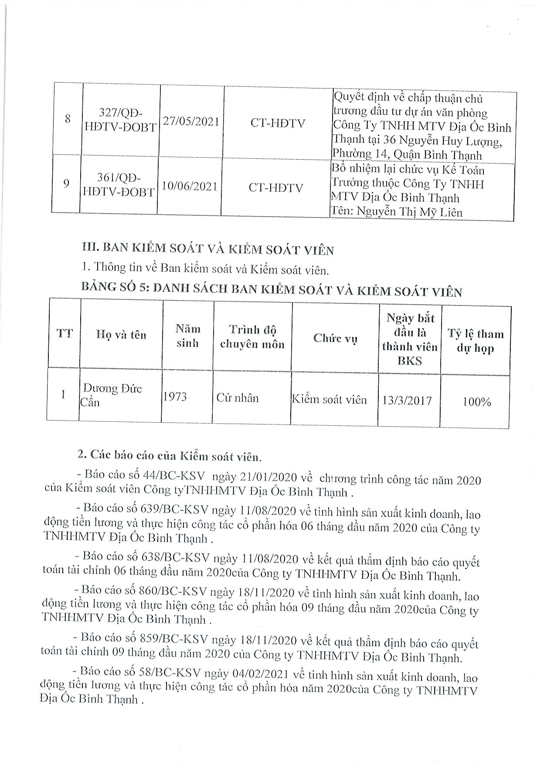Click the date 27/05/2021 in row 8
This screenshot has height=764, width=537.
point(191,122)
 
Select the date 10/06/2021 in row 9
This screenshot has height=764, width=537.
point(189,187)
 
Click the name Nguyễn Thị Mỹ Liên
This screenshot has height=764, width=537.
point(409,212)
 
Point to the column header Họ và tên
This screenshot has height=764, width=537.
point(121,335)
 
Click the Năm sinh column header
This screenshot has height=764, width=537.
point(187,336)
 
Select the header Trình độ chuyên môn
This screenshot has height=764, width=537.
point(252,337)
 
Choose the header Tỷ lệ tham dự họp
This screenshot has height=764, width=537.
point(475,341)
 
